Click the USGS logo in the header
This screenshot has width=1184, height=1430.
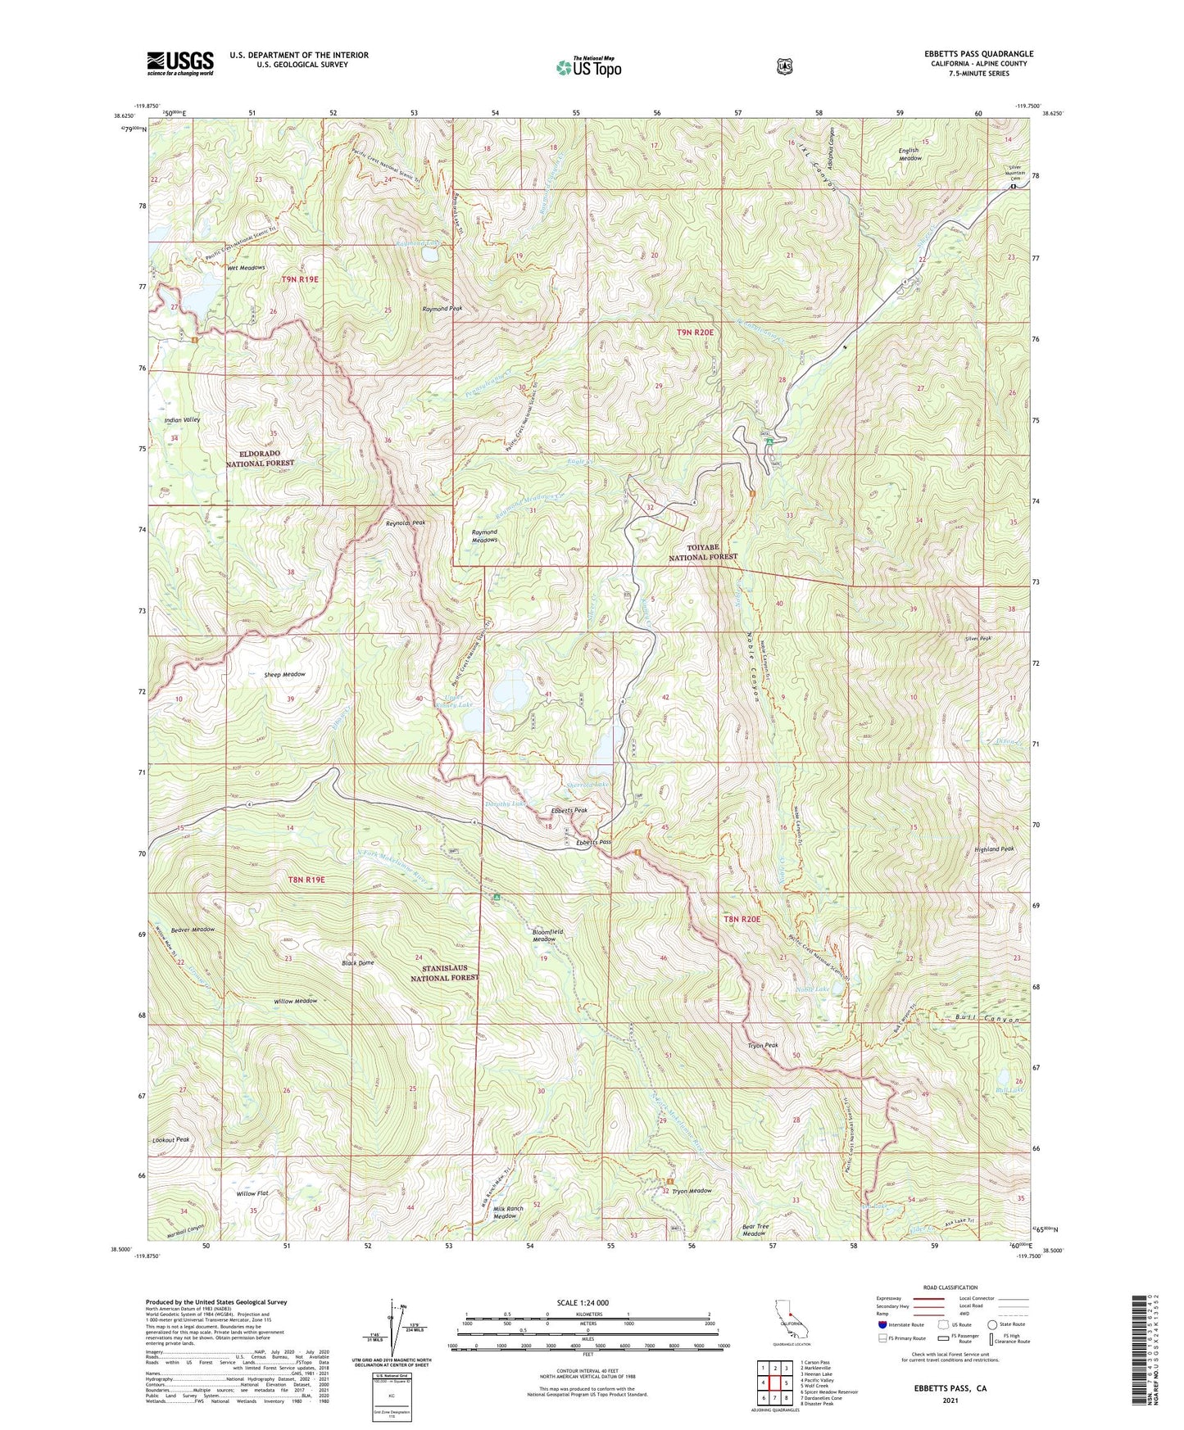coord(179,63)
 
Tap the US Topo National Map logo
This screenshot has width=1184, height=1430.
coord(588,67)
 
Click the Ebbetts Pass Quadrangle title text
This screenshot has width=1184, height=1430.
coord(978,54)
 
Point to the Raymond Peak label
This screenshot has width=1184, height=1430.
coord(442,309)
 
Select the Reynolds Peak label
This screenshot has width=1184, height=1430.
coord(406,523)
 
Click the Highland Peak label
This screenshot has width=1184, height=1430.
coord(995,849)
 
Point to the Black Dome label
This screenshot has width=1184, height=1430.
coord(358,962)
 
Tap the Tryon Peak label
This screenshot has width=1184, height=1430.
coord(762,1045)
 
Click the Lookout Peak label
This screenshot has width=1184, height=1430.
coord(170,1139)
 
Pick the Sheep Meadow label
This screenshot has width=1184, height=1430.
coord(284,674)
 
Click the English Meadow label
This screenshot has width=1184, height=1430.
coord(910,154)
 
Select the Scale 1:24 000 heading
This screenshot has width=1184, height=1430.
coord(583,1302)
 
